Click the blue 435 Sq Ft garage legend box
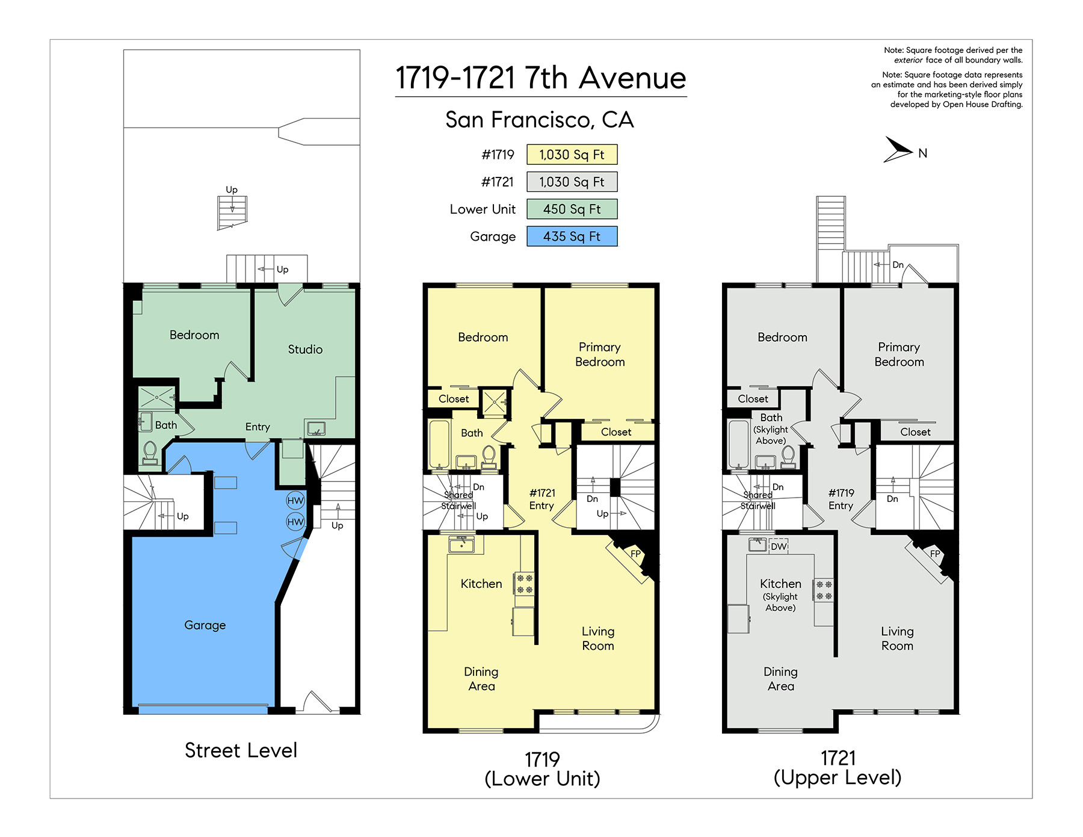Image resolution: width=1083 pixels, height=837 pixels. (x=572, y=236)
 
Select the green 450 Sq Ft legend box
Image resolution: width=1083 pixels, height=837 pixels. (x=572, y=209)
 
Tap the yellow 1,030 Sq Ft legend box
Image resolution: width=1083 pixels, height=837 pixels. (x=572, y=155)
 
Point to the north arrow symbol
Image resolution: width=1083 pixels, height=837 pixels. (x=896, y=150)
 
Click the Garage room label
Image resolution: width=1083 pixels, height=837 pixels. (x=205, y=625)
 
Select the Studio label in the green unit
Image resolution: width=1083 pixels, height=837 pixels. (x=305, y=349)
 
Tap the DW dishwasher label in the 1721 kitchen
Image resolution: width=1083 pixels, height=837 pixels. (x=779, y=546)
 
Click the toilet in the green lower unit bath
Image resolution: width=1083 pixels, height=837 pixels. (x=150, y=452)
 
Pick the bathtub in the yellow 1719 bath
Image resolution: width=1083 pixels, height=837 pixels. (x=439, y=444)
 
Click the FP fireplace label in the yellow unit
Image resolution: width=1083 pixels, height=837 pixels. (x=635, y=554)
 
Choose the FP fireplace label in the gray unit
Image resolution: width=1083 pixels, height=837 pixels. (x=935, y=554)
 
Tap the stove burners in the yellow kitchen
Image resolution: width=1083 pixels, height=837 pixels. (x=524, y=583)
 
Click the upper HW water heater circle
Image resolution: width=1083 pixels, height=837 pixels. (x=295, y=501)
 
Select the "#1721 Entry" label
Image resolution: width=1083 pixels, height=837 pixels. (x=542, y=499)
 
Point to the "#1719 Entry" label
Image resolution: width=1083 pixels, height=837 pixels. (x=841, y=499)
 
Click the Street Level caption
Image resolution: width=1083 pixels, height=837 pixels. (x=241, y=750)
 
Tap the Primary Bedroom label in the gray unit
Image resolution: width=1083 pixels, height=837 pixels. (x=899, y=354)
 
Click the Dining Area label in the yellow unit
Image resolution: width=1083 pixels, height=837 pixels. (x=481, y=679)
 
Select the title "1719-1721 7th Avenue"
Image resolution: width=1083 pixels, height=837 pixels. (x=541, y=78)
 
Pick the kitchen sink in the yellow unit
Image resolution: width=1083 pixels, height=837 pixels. (x=461, y=545)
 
